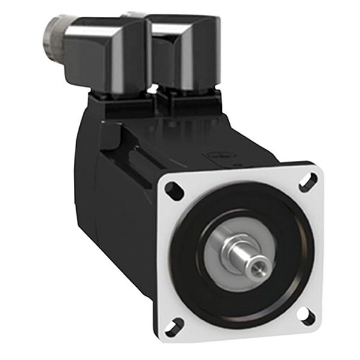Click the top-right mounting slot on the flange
click(308, 181)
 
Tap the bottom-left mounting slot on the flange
click(175, 327)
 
